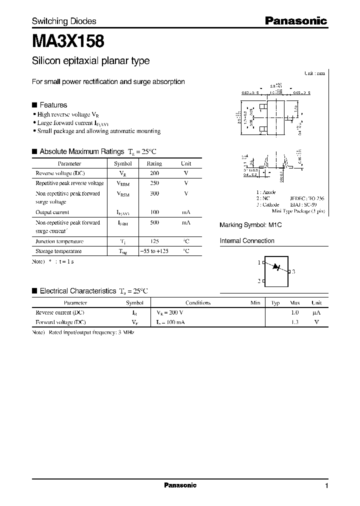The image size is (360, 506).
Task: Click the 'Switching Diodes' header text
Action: coord(64,21)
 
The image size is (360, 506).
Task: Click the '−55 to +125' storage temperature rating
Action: coord(154,251)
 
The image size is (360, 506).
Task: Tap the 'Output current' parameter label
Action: coord(52,212)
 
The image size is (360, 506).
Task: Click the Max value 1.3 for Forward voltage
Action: coord(294,322)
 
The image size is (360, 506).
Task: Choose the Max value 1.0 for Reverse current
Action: coord(294,312)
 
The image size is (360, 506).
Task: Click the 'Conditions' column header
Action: coord(198,302)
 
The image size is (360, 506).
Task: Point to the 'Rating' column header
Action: coord(154,163)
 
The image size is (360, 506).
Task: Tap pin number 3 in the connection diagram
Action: coord(293,271)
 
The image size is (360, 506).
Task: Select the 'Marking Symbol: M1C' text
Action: coord(251,225)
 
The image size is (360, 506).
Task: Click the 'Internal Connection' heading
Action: coord(247,241)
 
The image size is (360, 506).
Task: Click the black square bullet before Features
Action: coord(34,105)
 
